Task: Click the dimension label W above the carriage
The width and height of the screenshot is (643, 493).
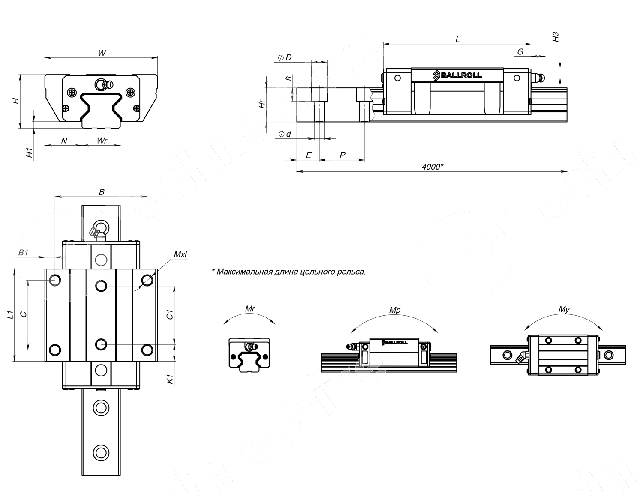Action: point(102,53)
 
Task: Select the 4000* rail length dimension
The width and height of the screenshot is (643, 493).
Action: point(432,167)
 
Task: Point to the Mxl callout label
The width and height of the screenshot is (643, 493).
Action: point(180,254)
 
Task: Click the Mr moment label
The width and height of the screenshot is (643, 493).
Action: point(250,308)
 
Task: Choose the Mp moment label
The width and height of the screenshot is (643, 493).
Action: point(394,310)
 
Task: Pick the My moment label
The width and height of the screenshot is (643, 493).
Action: point(564,309)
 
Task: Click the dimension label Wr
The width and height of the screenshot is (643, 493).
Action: point(102,141)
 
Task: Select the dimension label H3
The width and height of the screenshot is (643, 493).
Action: point(556,36)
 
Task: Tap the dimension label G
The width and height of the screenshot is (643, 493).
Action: point(520,52)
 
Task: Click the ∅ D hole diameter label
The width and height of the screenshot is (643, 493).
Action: point(285,57)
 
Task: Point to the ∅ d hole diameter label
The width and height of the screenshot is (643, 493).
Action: point(285,134)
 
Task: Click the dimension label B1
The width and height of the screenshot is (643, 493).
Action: point(23,253)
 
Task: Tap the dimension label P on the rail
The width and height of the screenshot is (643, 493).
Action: point(342,155)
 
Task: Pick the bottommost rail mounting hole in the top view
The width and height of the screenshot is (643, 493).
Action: point(101,452)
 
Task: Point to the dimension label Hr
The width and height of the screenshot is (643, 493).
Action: point(263,104)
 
